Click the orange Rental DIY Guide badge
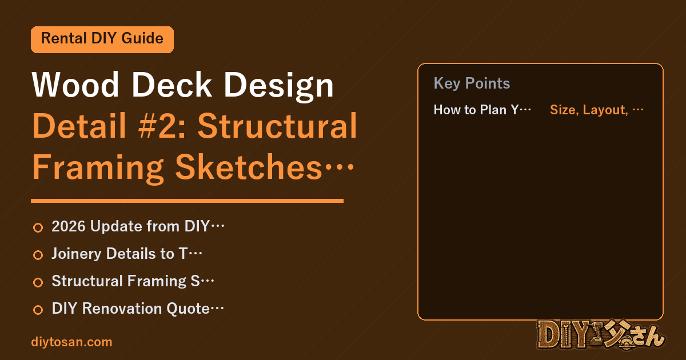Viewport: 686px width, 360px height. [102, 39]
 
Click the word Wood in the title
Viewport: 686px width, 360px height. [75, 85]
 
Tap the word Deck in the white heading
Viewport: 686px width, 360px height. [171, 85]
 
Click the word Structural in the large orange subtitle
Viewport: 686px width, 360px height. [277, 126]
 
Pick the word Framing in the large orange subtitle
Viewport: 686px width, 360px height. [98, 169]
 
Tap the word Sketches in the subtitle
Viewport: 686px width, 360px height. [249, 167]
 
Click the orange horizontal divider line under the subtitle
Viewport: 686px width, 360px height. [187, 201]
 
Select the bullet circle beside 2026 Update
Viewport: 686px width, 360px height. [38, 228]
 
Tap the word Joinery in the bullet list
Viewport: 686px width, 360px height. [76, 254]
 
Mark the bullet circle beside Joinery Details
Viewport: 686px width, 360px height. [38, 255]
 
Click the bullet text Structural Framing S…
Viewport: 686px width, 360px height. [133, 281]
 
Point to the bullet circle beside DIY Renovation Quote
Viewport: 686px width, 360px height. [38, 310]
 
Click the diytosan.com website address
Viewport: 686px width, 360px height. [71, 342]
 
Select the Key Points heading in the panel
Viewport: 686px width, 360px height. [472, 83]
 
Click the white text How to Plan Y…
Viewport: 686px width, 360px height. [482, 110]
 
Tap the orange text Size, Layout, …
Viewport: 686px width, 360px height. [597, 110]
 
